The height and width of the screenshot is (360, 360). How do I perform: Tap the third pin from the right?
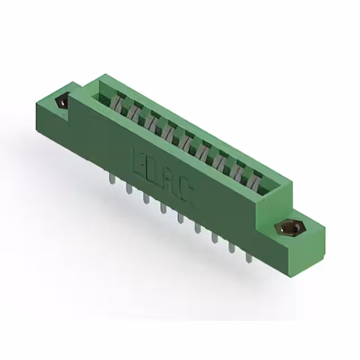point(214,238)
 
